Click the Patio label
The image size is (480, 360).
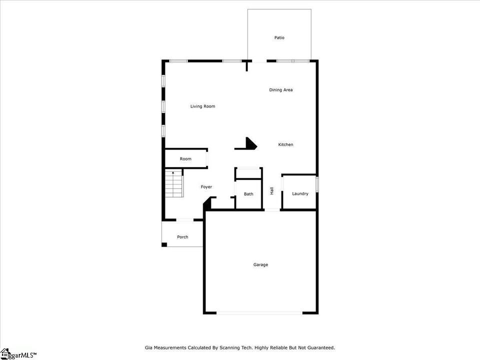279,37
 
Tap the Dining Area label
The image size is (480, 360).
280,90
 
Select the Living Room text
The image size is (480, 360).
202,106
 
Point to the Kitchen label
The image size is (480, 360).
285,144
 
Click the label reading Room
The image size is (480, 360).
185,159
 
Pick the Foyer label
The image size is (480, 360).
206,187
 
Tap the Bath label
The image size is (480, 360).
248,194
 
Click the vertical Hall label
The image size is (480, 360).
272,190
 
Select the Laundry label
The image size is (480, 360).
300,194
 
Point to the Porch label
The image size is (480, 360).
182,237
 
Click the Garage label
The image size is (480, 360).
260,265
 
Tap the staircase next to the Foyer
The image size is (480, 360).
174,183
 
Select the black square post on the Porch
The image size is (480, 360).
164,244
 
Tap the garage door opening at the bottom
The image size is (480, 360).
260,313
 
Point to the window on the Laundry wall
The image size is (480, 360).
317,184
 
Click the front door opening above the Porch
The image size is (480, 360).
185,220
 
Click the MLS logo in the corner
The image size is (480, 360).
18,354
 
